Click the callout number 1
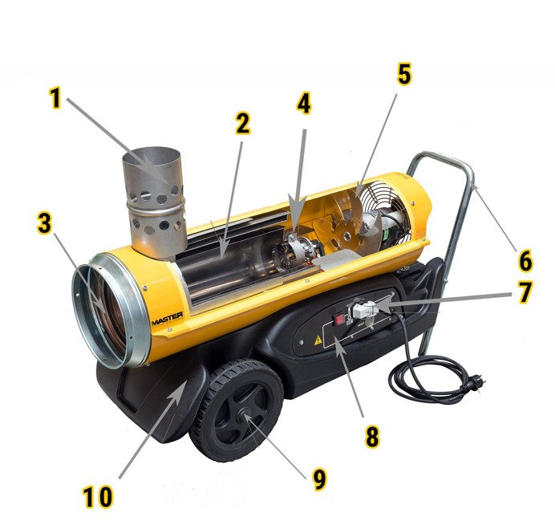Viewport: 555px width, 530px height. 55,98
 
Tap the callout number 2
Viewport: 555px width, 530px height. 243,124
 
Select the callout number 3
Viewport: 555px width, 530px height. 44,223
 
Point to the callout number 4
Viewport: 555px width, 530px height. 304,104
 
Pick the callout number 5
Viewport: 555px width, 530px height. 404,74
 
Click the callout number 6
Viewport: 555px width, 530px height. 525,260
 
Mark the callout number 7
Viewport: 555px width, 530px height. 525,292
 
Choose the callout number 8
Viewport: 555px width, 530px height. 372,436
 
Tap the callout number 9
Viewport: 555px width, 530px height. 320,479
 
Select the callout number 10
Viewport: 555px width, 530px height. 98,497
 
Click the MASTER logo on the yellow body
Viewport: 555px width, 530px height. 167,319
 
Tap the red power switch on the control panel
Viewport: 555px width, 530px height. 340,318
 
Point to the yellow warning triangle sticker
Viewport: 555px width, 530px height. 318,340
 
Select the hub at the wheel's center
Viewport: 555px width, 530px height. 245,413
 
